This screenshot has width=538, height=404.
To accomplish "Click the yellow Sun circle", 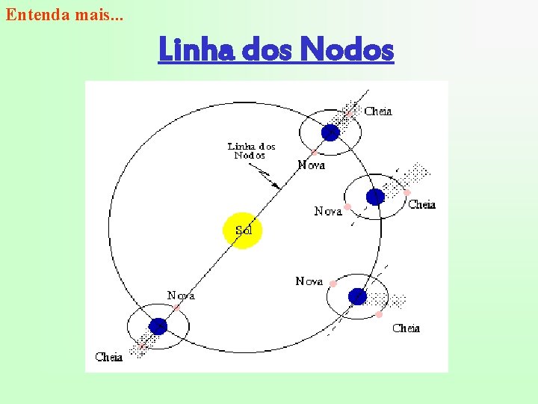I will coord(243,230).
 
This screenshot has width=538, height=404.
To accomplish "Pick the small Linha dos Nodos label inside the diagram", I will coord(251,150).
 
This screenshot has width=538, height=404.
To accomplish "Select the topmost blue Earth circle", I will coord(330,132).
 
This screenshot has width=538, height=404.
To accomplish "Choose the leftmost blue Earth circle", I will coord(158,326).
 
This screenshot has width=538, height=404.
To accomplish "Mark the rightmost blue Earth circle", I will coord(375,197).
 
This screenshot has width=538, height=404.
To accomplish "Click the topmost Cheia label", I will coord(378,111).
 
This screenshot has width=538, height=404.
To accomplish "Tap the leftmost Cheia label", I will coord(109,357).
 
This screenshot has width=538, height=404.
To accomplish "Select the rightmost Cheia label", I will coord(422,204).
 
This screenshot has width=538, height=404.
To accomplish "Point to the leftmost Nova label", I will coord(181,296).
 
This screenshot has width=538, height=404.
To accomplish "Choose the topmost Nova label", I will coord(311,165).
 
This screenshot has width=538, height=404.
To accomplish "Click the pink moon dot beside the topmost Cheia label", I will coord(348,114).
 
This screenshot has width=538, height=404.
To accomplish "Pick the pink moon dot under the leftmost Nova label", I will coord(178,307).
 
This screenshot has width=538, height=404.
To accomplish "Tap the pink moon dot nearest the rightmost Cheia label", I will coord(407,192).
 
